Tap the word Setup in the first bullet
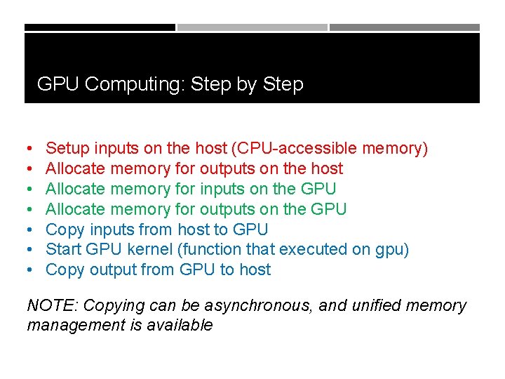[x=67, y=149]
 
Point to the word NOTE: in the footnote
[x=53, y=306]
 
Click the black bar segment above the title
[x=100, y=27]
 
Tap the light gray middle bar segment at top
[x=252, y=27]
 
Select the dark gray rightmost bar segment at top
[x=405, y=27]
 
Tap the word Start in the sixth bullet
[x=63, y=249]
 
